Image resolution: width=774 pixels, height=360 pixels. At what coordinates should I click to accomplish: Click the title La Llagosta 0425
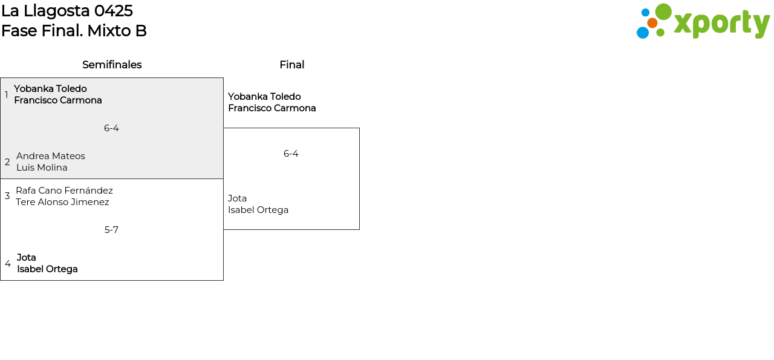[x=67, y=11]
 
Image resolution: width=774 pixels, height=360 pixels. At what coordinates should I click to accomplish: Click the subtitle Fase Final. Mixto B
[x=74, y=31]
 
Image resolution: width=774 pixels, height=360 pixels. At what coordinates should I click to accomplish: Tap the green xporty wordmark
[x=721, y=24]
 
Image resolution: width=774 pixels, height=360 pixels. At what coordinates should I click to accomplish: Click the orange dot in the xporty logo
[x=652, y=23]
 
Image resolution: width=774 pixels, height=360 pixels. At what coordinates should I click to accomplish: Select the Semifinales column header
[x=112, y=65]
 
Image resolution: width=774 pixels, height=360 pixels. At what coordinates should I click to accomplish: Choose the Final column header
[x=291, y=65]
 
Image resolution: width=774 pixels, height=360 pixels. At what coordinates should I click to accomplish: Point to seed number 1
[x=7, y=95]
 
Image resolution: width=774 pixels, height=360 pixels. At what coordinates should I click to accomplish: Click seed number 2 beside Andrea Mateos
[x=7, y=162]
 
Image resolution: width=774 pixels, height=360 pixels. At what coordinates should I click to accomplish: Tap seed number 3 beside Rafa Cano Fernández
[x=7, y=196]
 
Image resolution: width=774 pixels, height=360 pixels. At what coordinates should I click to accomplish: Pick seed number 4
[x=8, y=264]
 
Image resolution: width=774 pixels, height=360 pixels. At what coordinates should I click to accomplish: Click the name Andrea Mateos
[x=51, y=156]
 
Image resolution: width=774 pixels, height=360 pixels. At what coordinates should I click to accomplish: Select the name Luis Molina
[x=42, y=168]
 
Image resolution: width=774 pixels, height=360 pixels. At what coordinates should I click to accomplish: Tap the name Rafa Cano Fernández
[x=64, y=191]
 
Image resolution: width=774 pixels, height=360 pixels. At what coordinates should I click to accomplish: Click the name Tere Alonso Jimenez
[x=62, y=202]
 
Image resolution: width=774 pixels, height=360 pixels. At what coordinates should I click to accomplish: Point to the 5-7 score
[x=111, y=230]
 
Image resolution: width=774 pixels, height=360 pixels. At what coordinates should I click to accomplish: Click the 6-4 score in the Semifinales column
[x=111, y=128]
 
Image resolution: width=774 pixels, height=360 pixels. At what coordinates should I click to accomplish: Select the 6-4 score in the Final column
[x=291, y=154]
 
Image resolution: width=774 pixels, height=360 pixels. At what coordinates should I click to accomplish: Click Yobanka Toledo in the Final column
[x=264, y=97]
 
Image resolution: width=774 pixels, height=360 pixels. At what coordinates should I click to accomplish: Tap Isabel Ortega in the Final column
[x=258, y=210]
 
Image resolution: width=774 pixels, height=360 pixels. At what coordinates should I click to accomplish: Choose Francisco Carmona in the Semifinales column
[x=58, y=100]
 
